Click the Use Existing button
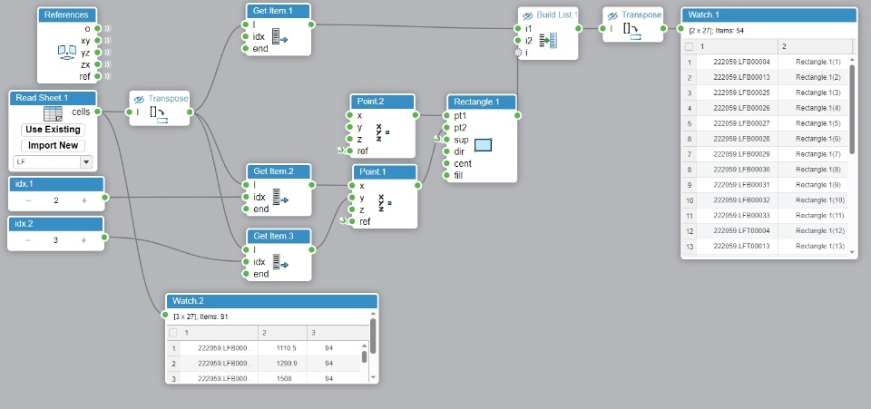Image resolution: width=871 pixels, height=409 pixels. [x=53, y=130]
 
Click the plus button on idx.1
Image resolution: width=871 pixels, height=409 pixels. [x=84, y=200]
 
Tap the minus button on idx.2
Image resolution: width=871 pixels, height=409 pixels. [x=28, y=240]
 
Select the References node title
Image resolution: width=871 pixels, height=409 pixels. [x=66, y=15]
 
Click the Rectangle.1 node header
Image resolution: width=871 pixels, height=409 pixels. [x=481, y=102]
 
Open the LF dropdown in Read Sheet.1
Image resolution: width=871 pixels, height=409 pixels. [x=86, y=161]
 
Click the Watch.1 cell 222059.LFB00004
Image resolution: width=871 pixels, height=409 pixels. [x=741, y=62]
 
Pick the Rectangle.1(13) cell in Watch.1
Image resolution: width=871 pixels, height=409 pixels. [x=818, y=247]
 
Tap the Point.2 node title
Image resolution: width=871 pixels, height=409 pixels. [x=382, y=102]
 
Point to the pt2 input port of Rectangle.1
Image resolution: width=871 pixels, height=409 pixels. [x=460, y=128]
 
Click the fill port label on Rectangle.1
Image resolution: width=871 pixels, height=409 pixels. [x=459, y=175]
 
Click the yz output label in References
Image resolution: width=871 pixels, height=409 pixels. [x=85, y=53]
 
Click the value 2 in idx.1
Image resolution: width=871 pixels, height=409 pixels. [x=56, y=200]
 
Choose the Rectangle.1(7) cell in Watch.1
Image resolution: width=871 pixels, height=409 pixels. [x=818, y=154]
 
